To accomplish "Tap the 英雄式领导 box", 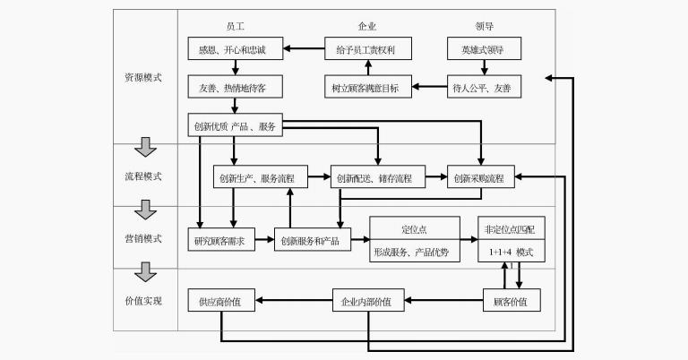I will [483, 48].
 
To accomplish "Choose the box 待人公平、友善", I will [483, 87].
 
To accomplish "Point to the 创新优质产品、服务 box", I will [236, 126].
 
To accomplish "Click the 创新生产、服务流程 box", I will [259, 177].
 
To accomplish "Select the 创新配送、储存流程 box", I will [376, 177].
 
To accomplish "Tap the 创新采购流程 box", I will [482, 177].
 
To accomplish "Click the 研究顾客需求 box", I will [221, 239].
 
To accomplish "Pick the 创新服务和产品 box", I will [311, 239].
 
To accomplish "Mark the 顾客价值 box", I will [512, 301].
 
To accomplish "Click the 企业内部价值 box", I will [366, 301].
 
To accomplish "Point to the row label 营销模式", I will [144, 239].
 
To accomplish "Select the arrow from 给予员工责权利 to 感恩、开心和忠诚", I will [303, 48].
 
